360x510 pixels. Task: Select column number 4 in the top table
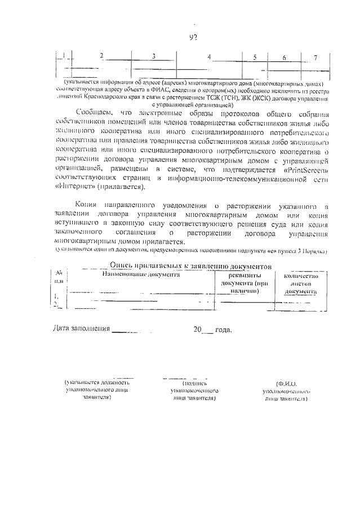click(x=208, y=57)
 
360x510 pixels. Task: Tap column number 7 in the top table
click(x=315, y=57)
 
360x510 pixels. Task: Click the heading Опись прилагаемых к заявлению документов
click(x=191, y=265)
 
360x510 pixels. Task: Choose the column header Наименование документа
click(x=141, y=274)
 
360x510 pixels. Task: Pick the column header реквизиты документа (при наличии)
click(x=243, y=283)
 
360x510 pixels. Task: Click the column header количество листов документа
click(x=300, y=283)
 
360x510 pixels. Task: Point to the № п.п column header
click(x=59, y=277)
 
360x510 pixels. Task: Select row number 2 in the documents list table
click(x=56, y=304)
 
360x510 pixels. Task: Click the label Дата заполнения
click(x=81, y=329)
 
